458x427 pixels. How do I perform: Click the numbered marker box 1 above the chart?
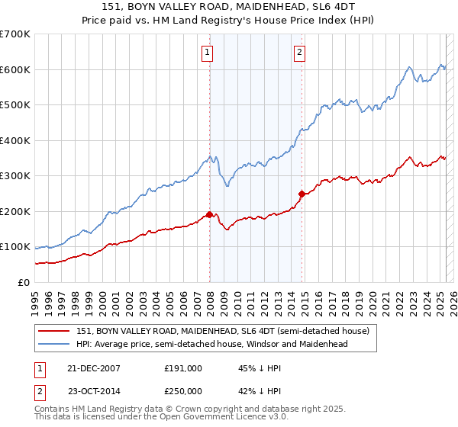point(208,53)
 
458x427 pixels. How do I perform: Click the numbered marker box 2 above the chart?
point(300,53)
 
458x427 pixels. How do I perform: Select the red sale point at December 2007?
point(209,214)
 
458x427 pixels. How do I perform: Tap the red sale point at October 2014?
point(302,194)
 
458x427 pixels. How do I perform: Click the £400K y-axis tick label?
point(15,140)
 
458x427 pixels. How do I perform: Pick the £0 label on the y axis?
point(23,282)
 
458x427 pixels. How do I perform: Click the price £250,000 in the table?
point(183,390)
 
